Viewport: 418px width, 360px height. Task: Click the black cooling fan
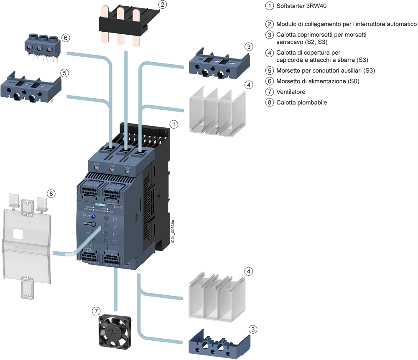pyautogui.click(x=114, y=332)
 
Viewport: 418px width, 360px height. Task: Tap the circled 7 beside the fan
pyautogui.click(x=96, y=311)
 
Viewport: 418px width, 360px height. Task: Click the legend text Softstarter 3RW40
pyautogui.click(x=301, y=7)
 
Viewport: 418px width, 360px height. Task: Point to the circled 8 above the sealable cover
pyautogui.click(x=51, y=193)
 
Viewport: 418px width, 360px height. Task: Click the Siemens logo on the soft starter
pyautogui.click(x=101, y=204)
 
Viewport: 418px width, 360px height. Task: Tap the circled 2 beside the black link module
pyautogui.click(x=163, y=5)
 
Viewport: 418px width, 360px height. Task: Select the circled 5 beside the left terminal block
pyautogui.click(x=64, y=73)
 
